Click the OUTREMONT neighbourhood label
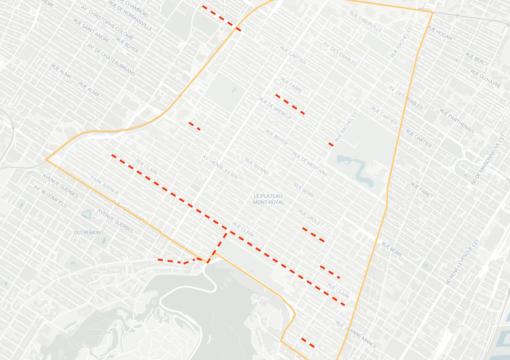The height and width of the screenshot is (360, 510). click(x=89, y=233)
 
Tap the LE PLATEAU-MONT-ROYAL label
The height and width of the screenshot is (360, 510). click(x=268, y=199)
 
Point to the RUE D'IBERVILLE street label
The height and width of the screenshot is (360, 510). click(x=365, y=21)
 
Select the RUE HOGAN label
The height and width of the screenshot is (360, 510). click(x=440, y=33)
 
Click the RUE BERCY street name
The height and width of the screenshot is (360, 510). click(x=477, y=59)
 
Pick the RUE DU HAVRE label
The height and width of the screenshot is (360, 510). click(x=485, y=79)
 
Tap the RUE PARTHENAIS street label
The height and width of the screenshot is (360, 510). click(x=457, y=121)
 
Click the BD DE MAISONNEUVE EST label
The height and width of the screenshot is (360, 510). click(x=488, y=160)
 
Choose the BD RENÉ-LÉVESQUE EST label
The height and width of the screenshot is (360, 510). click(x=462, y=262)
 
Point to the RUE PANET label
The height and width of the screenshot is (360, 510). click(x=422, y=190)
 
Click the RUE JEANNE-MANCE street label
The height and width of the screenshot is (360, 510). click(x=356, y=334)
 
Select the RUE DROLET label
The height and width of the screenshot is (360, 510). click(x=311, y=218)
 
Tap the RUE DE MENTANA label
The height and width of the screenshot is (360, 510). click(x=310, y=164)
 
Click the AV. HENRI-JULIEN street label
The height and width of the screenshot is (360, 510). click(x=220, y=167)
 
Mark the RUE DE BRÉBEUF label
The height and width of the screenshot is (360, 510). click(x=276, y=108)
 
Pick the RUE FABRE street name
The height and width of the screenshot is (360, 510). click(x=291, y=85)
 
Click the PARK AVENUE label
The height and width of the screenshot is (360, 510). click(x=105, y=185)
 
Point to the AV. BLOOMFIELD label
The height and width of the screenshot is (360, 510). click(x=50, y=196)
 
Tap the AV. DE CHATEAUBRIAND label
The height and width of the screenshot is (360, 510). click(x=111, y=60)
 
